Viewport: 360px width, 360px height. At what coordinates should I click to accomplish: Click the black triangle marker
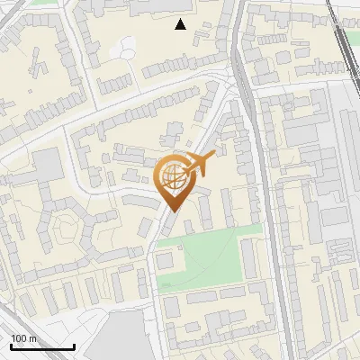click(x=181, y=24)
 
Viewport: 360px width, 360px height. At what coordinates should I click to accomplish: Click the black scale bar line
click(x=42, y=347)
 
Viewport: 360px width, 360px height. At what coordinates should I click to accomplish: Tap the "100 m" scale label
click(x=24, y=338)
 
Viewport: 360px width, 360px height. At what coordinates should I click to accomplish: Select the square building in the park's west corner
click(x=166, y=260)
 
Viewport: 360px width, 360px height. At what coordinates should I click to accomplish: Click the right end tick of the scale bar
click(x=74, y=346)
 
